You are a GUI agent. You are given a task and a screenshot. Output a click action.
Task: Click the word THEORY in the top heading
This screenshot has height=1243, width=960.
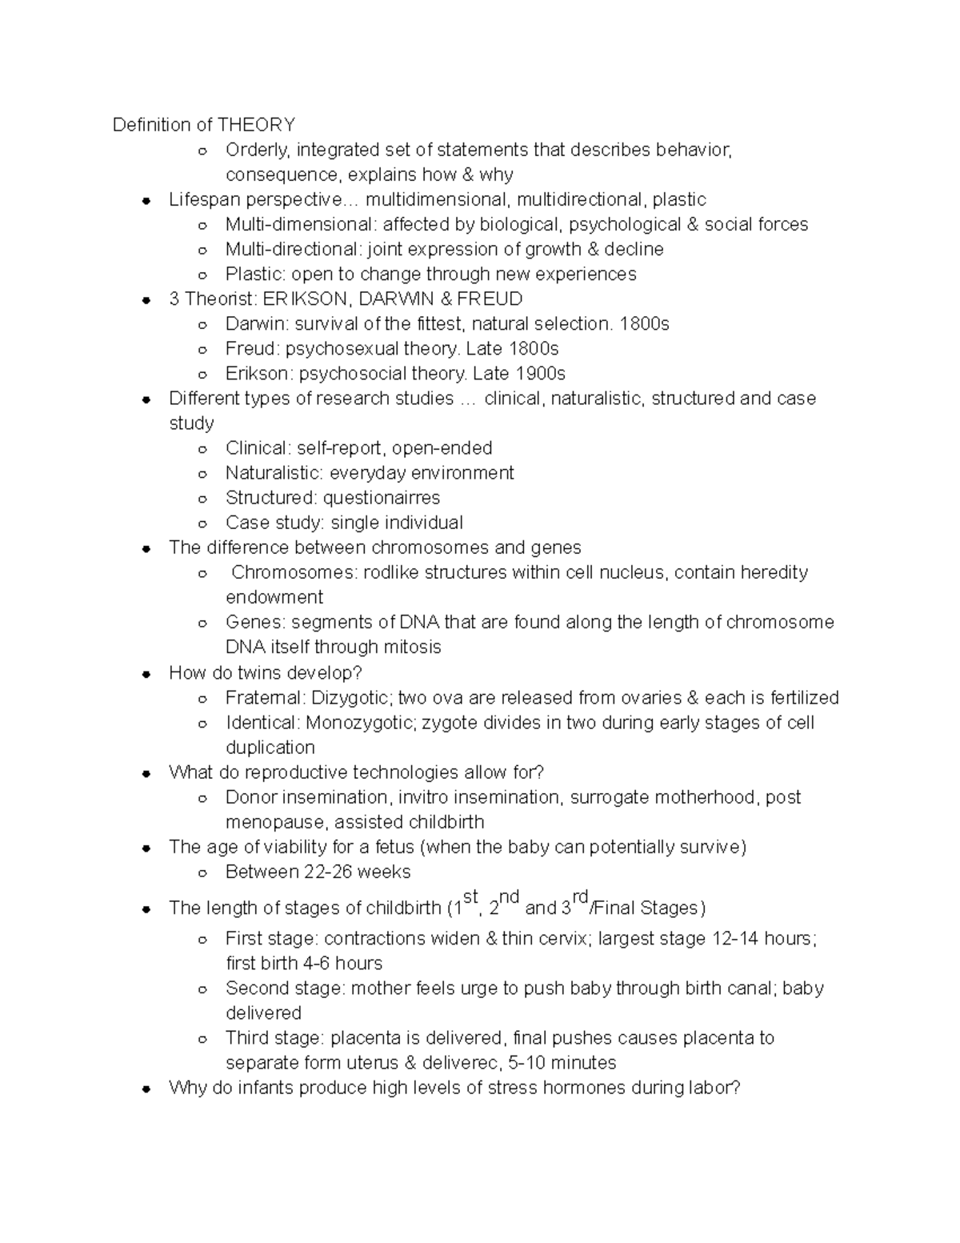(x=256, y=125)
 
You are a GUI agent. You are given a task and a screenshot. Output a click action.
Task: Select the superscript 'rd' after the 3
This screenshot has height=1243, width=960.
(x=581, y=896)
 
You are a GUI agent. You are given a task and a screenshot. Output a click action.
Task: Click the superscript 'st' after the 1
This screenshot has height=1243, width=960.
(x=470, y=896)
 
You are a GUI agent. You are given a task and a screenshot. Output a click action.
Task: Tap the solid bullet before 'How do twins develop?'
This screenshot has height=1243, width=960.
(x=146, y=674)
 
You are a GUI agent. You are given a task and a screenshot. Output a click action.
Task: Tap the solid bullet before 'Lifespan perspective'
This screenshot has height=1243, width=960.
(x=146, y=201)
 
